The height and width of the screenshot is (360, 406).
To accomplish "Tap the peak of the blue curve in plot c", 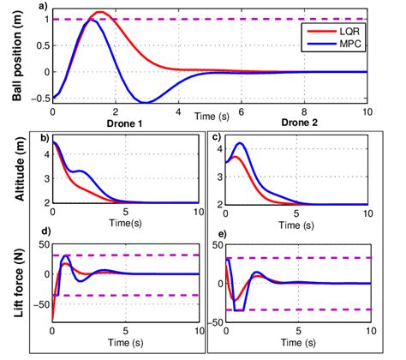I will [241, 143].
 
